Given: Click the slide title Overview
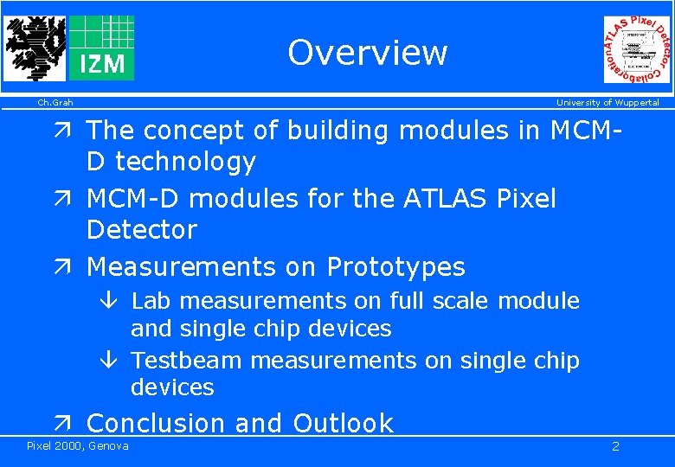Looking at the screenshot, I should [367, 52].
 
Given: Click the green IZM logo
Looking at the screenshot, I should [101, 48].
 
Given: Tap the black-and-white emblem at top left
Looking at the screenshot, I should [34, 48].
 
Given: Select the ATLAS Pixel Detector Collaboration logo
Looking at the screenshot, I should [637, 50].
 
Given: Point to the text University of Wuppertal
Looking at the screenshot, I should [607, 103].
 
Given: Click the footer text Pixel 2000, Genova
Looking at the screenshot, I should [77, 446].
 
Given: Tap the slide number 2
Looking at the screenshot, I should [615, 446].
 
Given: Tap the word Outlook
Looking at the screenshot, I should [343, 423].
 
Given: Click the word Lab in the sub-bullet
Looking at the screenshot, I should [149, 301].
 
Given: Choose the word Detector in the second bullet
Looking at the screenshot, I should [142, 230].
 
